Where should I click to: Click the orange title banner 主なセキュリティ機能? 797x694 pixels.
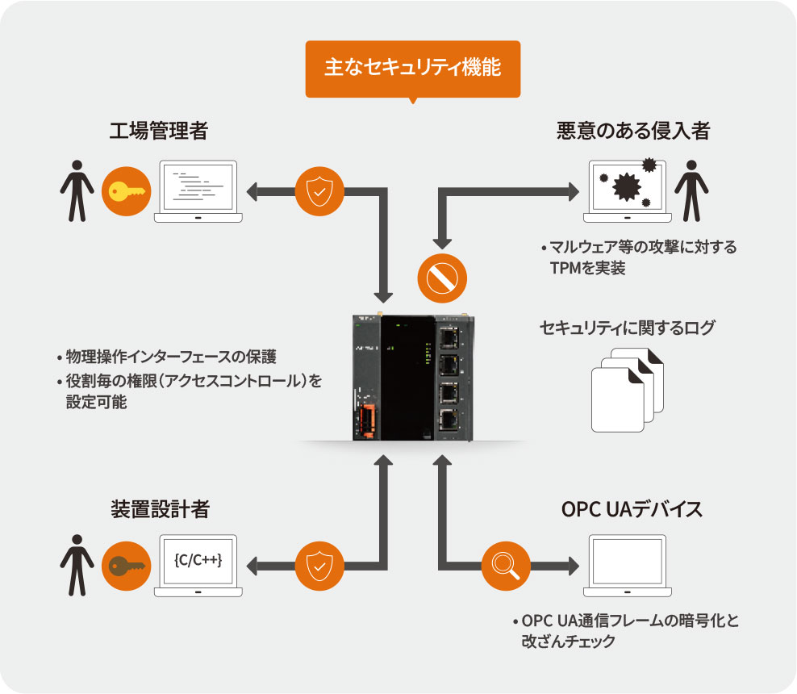coord(412,68)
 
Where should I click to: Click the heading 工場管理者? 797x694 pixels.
coord(158,131)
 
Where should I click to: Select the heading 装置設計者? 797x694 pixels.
coord(160,509)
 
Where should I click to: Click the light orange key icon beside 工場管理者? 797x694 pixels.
coord(124,192)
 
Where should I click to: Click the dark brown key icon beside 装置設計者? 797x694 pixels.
coord(124,566)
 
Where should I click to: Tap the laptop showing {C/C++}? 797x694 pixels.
coord(198,565)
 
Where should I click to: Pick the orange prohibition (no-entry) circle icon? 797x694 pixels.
coord(442,278)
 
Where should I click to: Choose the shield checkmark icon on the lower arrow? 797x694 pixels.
coord(319,565)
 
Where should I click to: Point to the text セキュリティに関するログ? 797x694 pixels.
coord(627,328)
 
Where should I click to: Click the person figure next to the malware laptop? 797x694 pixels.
coord(691,190)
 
